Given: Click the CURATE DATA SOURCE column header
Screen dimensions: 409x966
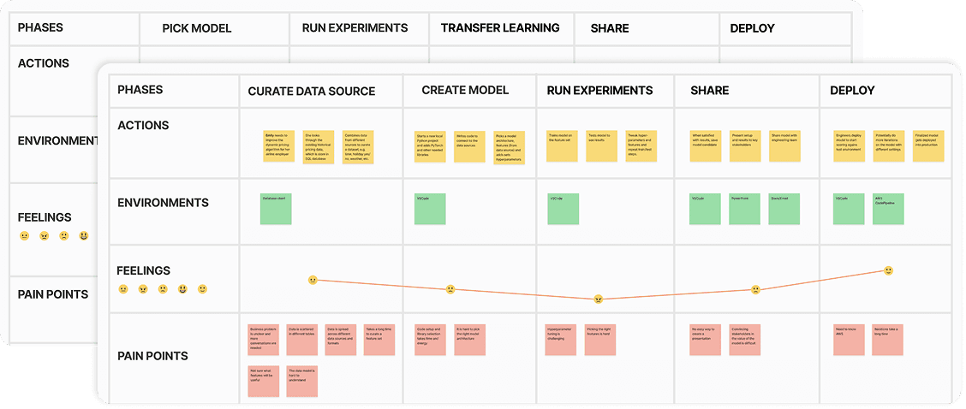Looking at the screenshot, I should [311, 91].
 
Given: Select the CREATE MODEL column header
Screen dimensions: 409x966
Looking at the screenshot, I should [465, 90].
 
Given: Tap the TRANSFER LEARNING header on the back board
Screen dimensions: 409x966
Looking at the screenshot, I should [500, 28].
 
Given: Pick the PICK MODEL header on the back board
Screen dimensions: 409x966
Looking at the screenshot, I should [197, 28].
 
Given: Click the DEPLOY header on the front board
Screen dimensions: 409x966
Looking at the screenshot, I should [852, 90].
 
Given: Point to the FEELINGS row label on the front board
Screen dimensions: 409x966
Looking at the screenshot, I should [144, 270].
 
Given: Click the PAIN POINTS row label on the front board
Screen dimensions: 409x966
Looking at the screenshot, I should [152, 356].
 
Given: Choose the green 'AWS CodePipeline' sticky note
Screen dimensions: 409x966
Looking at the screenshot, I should [889, 209].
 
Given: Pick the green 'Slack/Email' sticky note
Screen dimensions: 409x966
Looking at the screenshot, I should [784, 209].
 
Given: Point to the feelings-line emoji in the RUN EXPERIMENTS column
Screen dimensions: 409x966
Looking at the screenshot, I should [599, 299].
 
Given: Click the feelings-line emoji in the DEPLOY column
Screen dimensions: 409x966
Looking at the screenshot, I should [889, 270].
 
